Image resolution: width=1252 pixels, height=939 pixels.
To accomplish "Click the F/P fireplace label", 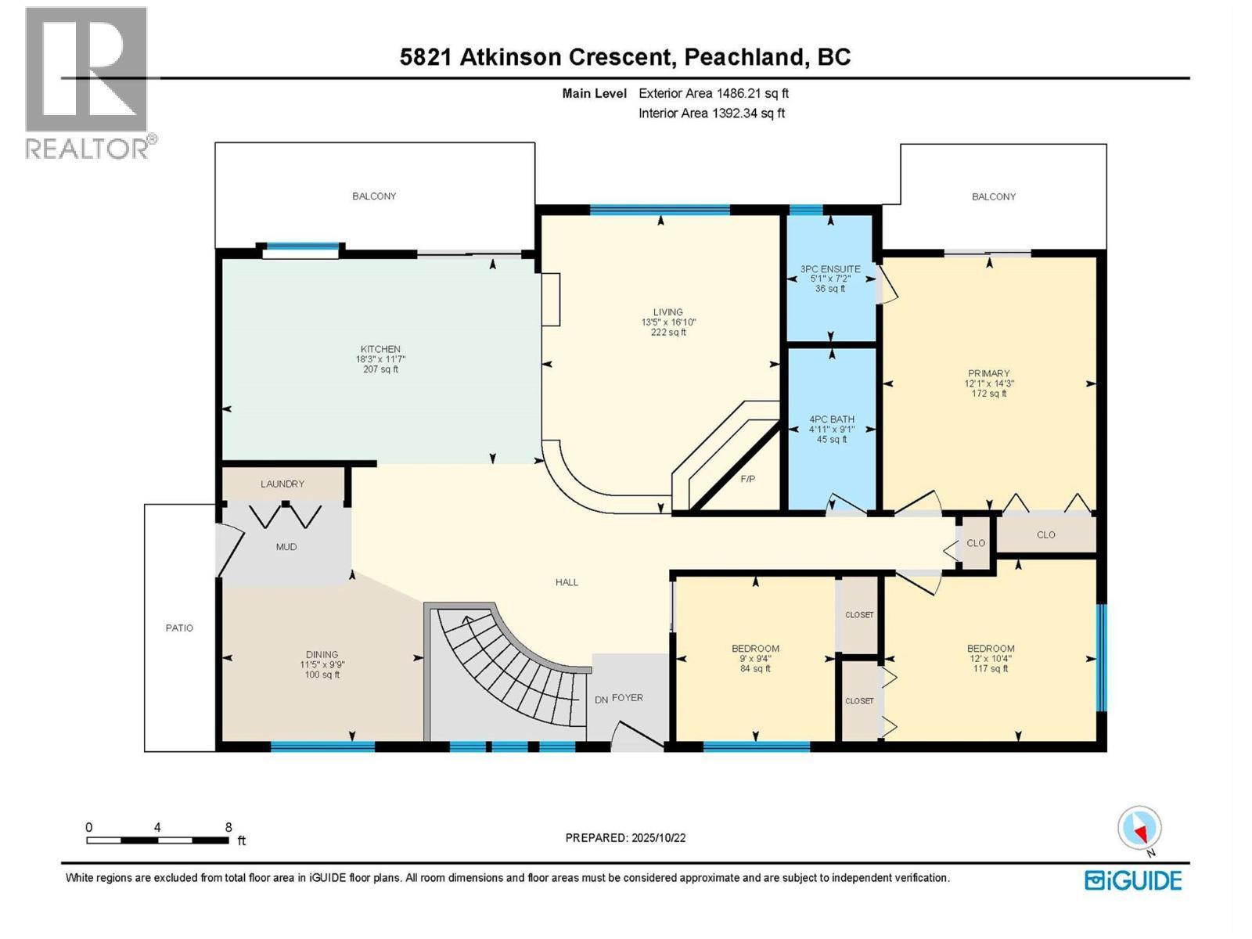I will (748, 479).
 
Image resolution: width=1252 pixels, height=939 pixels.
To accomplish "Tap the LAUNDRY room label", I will (282, 484).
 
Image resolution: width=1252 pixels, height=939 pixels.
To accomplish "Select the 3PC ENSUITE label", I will (830, 269).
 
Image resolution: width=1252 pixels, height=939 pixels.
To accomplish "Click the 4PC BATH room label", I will (832, 419).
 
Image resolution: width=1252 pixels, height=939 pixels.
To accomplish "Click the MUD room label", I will (286, 547).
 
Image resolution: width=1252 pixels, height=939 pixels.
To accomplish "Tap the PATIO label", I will (179, 628).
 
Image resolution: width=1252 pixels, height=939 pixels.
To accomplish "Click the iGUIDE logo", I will (1133, 880).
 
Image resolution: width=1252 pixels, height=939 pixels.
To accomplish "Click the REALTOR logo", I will (88, 82).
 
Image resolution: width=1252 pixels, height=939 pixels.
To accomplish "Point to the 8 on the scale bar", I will (228, 827).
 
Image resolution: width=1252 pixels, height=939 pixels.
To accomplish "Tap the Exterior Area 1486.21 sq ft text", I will (713, 93).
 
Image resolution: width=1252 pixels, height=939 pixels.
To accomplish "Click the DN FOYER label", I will (619, 698).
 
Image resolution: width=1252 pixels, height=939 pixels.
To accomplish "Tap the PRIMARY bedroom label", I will (988, 373).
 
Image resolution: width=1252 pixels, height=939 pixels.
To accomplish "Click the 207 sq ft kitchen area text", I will (380, 369).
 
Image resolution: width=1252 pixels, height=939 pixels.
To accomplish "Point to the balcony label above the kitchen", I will (374, 196).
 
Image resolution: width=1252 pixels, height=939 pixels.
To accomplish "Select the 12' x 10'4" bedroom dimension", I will (991, 659).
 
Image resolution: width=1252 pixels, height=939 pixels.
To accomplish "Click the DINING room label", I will (322, 654).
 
